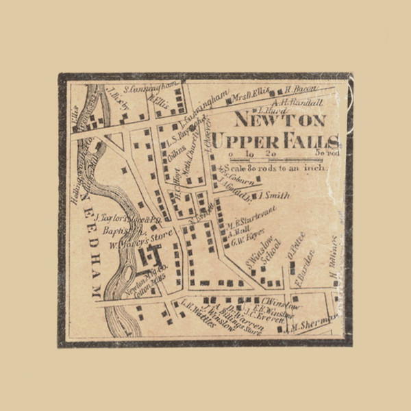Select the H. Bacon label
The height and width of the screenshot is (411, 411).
pos(299,88)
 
